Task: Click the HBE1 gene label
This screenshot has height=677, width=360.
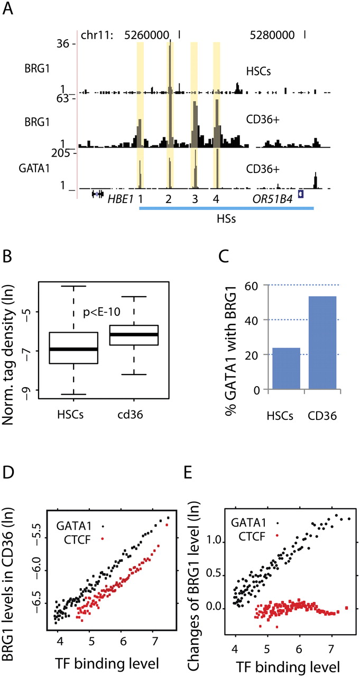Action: coord(119,199)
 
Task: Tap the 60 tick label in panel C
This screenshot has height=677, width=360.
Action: coord(256,286)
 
